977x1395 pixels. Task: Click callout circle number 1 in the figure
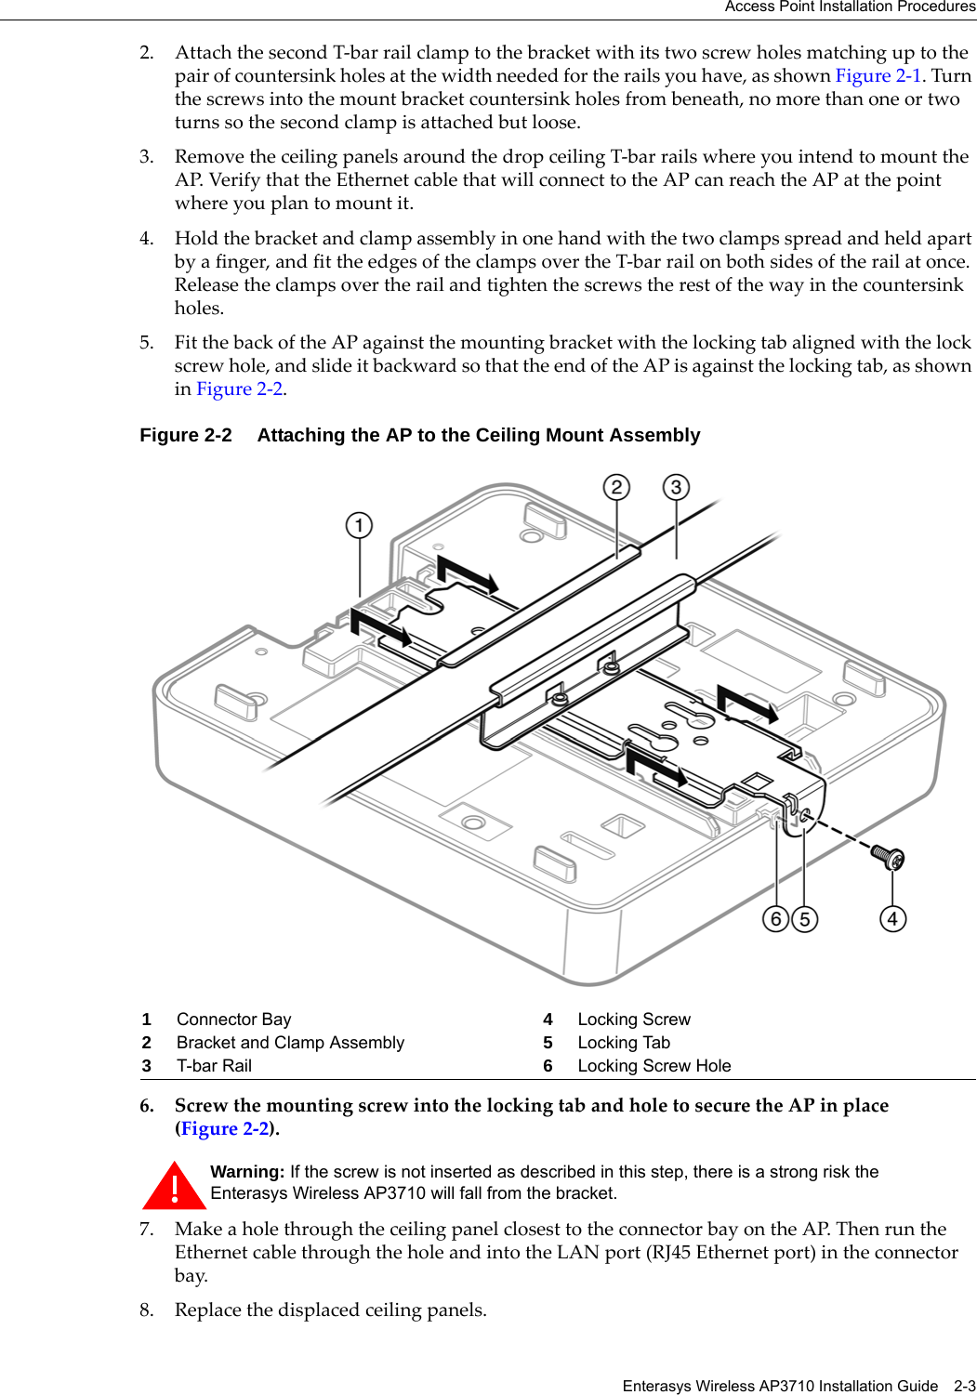coord(359,526)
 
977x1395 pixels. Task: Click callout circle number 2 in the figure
coord(616,487)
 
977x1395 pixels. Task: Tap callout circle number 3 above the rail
coord(676,487)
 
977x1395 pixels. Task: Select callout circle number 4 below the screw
coord(892,919)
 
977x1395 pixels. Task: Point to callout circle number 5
coord(804,919)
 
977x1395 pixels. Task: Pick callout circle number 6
coord(776,919)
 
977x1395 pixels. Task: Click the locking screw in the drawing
coord(887,856)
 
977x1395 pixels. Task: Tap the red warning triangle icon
coord(174,1187)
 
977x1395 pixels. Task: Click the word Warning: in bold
coord(247,1172)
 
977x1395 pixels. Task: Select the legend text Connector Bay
coord(233,1020)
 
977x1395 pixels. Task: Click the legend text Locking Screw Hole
coord(654,1066)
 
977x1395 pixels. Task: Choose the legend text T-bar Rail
coord(214,1066)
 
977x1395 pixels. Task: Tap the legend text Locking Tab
coord(623,1043)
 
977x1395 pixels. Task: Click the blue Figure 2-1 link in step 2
coord(878,76)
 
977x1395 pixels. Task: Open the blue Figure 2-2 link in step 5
coord(239,389)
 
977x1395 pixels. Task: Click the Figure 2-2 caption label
coord(186,436)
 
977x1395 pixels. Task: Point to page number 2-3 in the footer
coord(964,1386)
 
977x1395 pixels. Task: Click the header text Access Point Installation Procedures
coord(850,7)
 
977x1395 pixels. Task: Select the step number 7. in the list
coord(147,1230)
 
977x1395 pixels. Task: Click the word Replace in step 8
coord(208,1310)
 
